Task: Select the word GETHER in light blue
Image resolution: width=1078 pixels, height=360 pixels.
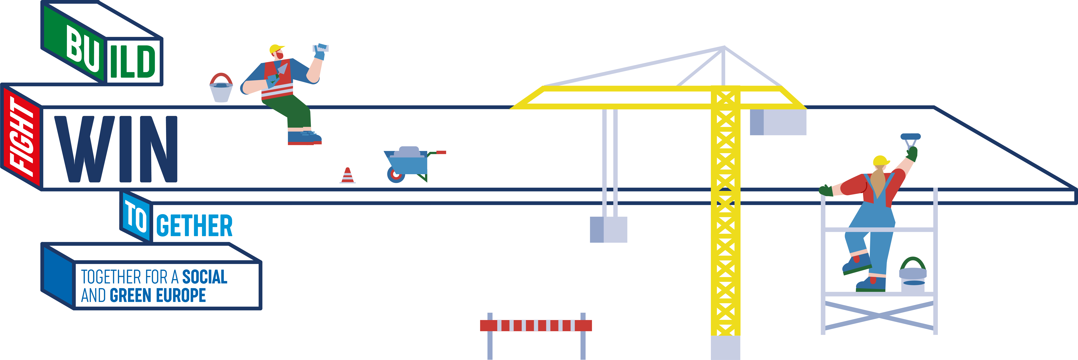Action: coord(194,226)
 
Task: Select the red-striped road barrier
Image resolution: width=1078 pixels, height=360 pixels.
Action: coord(536,325)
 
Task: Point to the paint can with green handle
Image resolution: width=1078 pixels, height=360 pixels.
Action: coord(913,275)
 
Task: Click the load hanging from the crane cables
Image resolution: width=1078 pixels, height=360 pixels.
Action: coord(608,229)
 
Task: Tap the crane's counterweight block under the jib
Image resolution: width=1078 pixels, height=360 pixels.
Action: coord(778,122)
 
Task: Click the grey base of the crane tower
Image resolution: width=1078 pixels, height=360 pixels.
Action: coord(725,347)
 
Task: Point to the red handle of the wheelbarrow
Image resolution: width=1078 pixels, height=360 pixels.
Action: coord(441,152)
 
